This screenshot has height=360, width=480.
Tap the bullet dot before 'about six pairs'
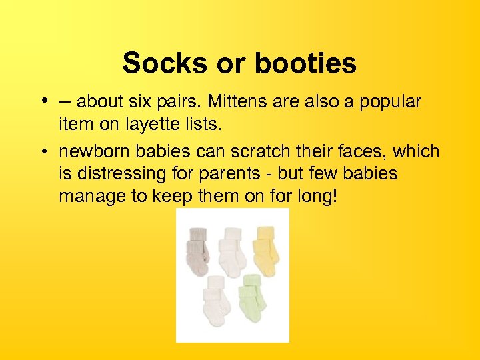point(42,101)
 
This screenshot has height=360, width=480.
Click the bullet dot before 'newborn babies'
point(42,152)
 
